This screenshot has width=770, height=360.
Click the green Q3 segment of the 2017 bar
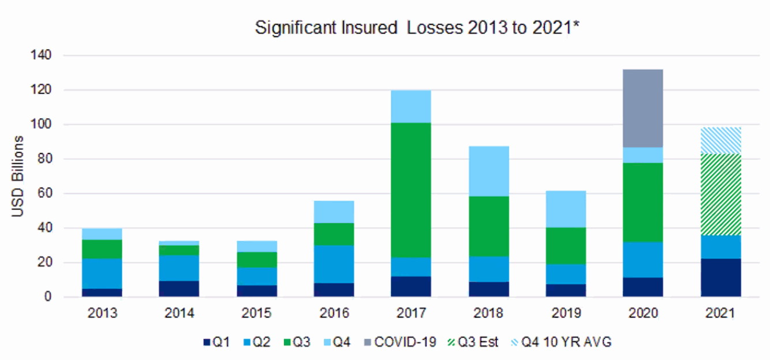(x=411, y=190)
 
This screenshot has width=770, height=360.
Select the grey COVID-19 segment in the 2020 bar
(x=643, y=108)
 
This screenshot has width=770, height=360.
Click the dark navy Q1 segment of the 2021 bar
(x=720, y=277)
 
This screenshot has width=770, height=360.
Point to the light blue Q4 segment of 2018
(x=488, y=171)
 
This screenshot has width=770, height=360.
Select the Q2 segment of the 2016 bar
(x=334, y=264)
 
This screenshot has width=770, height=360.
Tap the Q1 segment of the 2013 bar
(x=102, y=292)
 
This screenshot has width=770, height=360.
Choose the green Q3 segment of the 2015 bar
(x=256, y=260)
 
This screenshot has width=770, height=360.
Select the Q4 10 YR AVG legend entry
(x=563, y=342)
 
